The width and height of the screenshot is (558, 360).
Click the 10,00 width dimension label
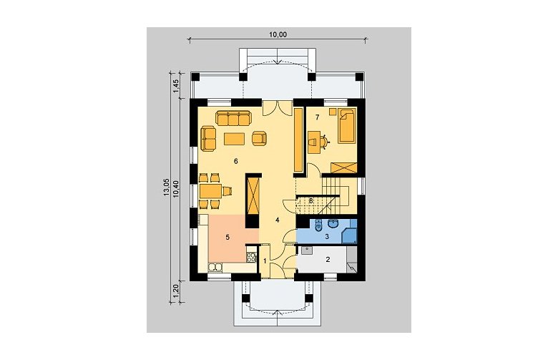click(x=278, y=34)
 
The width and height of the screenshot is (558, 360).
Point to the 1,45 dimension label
click(x=175, y=86)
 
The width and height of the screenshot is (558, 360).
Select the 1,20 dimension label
click(x=175, y=292)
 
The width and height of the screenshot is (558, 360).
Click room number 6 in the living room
click(x=235, y=161)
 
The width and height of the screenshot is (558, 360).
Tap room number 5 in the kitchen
click(x=227, y=237)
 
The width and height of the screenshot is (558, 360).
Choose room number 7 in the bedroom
click(x=317, y=117)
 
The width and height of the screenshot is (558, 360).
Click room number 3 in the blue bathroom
click(x=327, y=235)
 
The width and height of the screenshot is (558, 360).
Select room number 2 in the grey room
click(x=328, y=259)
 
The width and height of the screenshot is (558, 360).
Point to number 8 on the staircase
click(x=310, y=201)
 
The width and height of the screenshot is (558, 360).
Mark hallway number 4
click(x=278, y=220)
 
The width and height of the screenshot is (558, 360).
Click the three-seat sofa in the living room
click(x=232, y=118)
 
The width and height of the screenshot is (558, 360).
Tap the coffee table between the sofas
click(x=234, y=139)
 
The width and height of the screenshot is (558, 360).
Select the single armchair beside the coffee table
click(x=260, y=139)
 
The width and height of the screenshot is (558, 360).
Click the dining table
click(x=210, y=191)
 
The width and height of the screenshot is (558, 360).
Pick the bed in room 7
click(x=347, y=126)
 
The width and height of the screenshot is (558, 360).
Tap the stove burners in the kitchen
click(x=251, y=257)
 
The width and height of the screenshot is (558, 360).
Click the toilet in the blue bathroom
click(x=319, y=225)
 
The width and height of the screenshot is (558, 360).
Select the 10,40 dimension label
click(x=175, y=189)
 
